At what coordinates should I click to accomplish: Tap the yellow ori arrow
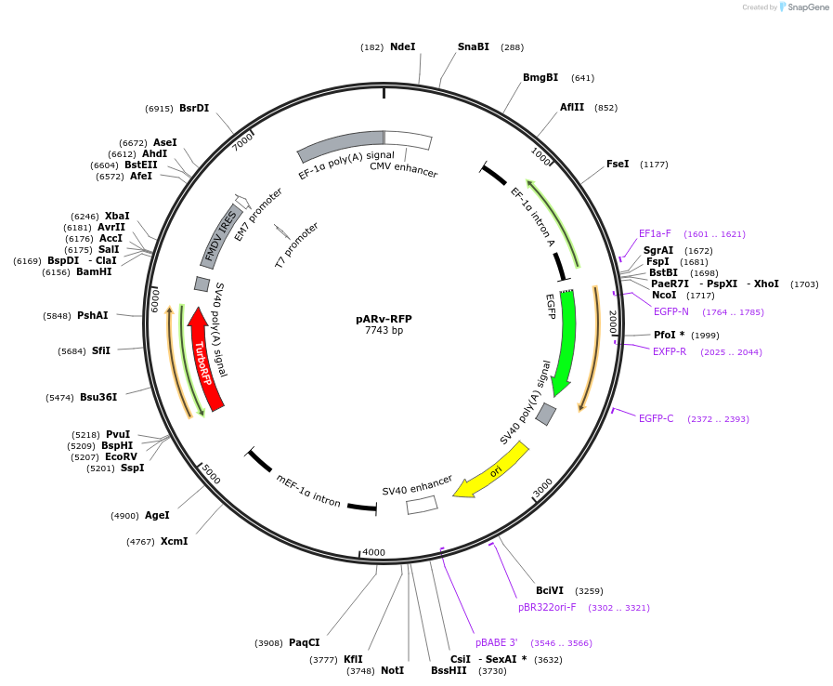492,469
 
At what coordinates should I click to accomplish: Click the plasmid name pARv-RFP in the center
384,319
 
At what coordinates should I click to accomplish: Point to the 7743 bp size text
384,330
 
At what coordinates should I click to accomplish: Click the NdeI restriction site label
402,46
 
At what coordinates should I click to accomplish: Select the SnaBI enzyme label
473,46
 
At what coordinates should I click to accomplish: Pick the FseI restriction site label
618,164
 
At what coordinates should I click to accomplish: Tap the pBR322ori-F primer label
547,607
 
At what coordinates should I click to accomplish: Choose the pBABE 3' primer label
497,642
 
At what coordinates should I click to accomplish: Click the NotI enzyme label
392,670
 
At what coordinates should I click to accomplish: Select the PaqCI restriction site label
304,642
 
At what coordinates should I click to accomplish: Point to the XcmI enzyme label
174,541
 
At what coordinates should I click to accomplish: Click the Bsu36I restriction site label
98,397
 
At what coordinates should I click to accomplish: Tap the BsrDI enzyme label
194,108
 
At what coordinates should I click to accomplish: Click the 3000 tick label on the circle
542,486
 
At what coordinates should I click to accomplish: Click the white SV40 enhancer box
422,504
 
